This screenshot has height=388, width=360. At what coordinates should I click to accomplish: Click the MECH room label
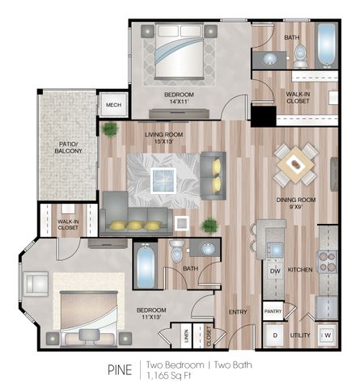(x=113, y=105)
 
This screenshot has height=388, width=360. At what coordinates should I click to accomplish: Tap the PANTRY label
(x=273, y=311)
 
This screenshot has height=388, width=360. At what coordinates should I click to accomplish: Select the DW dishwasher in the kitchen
(x=275, y=271)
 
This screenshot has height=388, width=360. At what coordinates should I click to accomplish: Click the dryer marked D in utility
(x=275, y=335)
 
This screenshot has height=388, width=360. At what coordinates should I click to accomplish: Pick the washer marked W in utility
(x=327, y=335)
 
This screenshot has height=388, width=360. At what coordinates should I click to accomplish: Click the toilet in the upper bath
(x=300, y=56)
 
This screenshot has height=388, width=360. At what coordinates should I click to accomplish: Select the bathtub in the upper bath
(x=326, y=45)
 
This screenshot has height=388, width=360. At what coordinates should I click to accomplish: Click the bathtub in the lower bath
(x=145, y=265)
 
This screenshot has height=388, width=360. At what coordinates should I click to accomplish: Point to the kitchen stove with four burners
(x=328, y=261)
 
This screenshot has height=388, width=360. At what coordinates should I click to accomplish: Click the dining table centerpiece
(x=296, y=164)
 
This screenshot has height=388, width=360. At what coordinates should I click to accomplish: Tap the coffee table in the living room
(x=163, y=180)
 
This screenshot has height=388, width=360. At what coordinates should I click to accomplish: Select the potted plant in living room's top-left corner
(x=110, y=129)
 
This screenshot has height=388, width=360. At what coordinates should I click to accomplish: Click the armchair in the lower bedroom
(x=36, y=284)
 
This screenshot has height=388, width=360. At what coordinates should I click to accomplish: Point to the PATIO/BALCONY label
(x=68, y=148)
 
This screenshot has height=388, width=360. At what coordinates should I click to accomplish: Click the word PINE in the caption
(x=120, y=369)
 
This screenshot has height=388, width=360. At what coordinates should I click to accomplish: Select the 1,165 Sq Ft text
(x=169, y=375)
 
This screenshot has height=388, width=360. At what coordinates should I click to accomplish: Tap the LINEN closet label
(x=186, y=336)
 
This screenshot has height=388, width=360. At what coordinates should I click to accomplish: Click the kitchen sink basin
(x=275, y=250)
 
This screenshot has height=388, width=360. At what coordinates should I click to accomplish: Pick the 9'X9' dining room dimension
(x=296, y=207)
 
